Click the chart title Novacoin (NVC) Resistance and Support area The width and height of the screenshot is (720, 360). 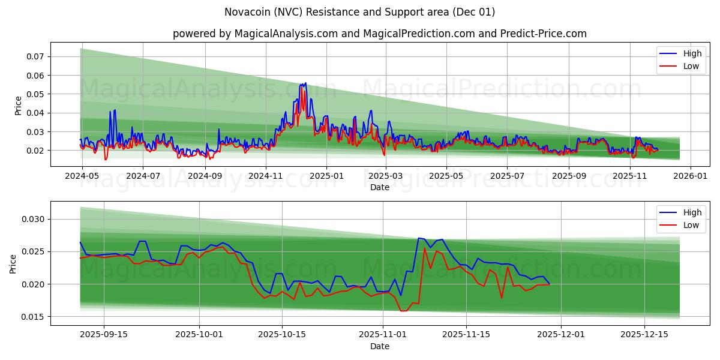coord(359,12)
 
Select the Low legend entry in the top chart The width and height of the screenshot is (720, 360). coord(691,66)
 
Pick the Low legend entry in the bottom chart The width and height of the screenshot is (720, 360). coord(691,225)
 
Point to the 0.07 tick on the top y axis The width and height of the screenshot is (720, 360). coord(35,56)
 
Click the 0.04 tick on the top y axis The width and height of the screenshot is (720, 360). coord(35,113)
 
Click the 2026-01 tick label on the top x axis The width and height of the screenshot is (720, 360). coord(691,176)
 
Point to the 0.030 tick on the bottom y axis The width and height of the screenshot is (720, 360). coord(33,219)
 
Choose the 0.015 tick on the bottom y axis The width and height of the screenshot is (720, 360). coord(33,317)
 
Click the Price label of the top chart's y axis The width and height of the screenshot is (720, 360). coord(18,106)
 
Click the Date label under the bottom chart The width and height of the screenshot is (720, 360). coord(379,346)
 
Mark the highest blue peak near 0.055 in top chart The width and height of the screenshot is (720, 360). coord(305,83)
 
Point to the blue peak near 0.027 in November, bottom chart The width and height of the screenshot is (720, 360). coord(419,238)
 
